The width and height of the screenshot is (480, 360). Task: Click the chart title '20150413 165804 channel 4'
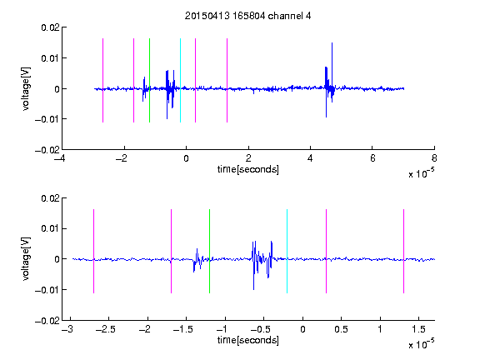point(247,16)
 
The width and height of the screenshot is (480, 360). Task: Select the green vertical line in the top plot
point(149,80)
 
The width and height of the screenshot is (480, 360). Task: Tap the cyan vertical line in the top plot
point(180,80)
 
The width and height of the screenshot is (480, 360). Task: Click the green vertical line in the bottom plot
point(209,251)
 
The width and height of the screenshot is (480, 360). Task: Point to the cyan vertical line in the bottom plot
point(287,251)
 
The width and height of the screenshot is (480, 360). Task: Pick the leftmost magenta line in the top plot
point(102,80)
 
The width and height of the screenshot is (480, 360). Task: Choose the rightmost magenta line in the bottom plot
point(403,251)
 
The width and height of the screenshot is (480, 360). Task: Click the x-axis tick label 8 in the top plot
point(434,158)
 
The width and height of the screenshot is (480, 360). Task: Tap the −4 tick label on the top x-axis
point(60,158)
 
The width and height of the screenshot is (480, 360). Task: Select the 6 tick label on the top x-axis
point(372,158)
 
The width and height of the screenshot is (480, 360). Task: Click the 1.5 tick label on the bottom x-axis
point(418,329)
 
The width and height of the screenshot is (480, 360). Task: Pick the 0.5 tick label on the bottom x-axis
point(341,329)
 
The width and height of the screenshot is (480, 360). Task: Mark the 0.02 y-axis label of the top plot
point(50,27)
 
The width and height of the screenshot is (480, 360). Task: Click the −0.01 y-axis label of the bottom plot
point(47,290)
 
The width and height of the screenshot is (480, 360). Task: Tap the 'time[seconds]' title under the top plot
point(248,169)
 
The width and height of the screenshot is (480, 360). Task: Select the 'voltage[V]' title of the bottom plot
point(27,259)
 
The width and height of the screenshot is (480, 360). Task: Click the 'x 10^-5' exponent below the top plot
point(421,173)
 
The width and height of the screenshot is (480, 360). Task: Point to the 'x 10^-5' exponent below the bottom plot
point(421,344)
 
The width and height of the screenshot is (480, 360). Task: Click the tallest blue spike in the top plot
point(332,66)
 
